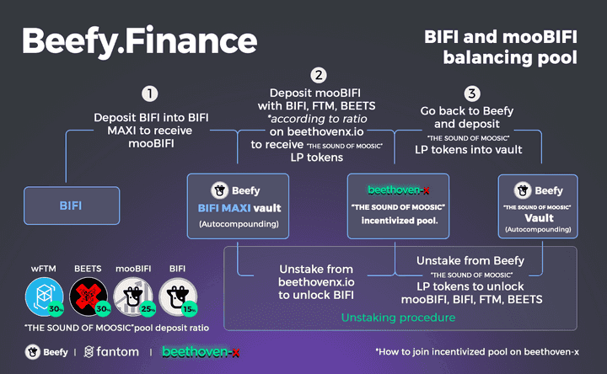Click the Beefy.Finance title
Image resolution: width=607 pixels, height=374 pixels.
tap(139, 40)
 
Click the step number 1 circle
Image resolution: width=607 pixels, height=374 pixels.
tap(149, 93)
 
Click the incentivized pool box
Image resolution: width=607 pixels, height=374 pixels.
tap(397, 205)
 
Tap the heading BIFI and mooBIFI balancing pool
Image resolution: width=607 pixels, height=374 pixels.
tap(499, 46)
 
